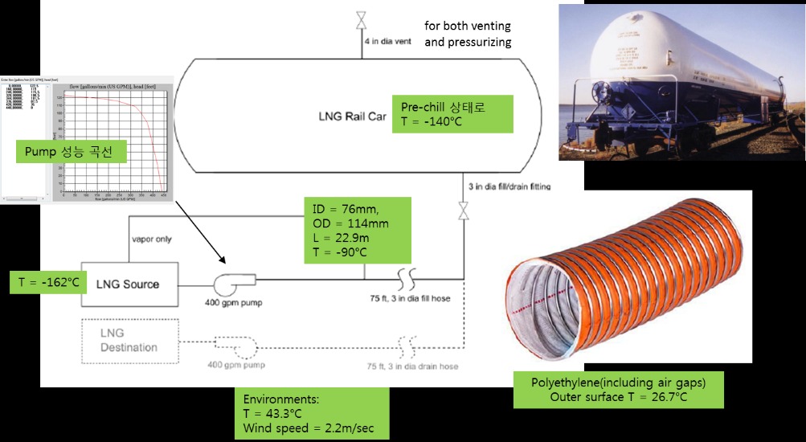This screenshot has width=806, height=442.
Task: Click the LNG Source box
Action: point(128,284)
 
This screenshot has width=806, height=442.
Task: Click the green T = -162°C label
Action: point(47,280)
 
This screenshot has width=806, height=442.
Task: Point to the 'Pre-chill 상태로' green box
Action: point(454,114)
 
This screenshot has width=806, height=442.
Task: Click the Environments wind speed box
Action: point(315,413)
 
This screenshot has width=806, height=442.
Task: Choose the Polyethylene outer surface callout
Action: point(618,389)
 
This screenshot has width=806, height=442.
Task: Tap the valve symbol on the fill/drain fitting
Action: point(464,212)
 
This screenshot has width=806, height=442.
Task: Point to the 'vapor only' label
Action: point(151,239)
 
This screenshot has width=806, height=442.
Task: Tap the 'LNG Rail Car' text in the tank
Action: point(350,116)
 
